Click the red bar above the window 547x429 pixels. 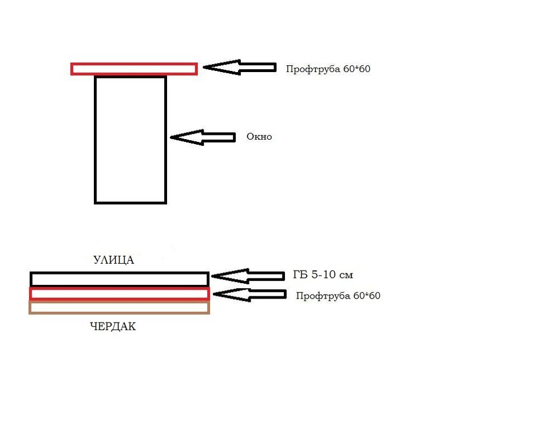click(134, 69)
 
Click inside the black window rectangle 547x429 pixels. click(130, 140)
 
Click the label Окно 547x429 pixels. click(259, 137)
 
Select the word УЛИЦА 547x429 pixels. click(114, 260)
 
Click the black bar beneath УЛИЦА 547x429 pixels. click(119, 279)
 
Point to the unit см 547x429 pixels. click(346, 275)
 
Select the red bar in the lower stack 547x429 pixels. click(119, 293)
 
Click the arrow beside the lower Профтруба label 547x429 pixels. click(248, 295)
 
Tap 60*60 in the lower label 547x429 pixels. click(367, 296)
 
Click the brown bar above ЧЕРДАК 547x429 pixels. click(119, 307)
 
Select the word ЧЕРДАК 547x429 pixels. click(113, 327)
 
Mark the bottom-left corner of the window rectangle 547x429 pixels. click(96, 202)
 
